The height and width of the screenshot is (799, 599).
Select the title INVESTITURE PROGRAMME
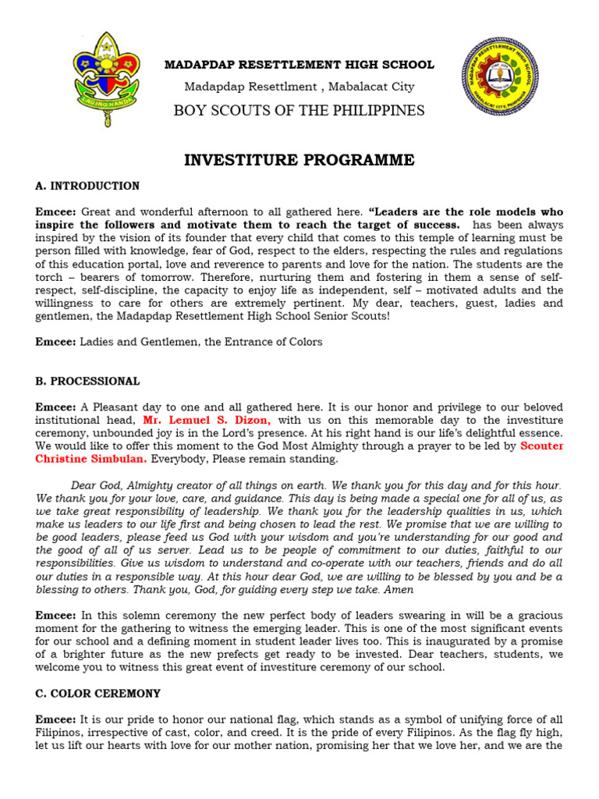pyautogui.click(x=299, y=161)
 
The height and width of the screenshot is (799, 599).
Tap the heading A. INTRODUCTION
pyautogui.click(x=87, y=186)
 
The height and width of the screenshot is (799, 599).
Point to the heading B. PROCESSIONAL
pyautogui.click(x=87, y=382)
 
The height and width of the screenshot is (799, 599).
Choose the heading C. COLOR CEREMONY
pyautogui.click(x=97, y=693)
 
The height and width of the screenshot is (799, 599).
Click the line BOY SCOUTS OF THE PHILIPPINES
pyautogui.click(x=299, y=110)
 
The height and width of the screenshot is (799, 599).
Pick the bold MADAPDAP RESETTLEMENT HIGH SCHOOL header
pyautogui.click(x=299, y=65)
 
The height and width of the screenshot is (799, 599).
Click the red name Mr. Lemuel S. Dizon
pyautogui.click(x=207, y=420)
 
